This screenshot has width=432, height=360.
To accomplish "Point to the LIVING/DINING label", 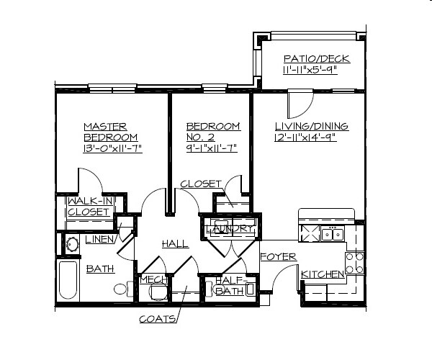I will coord(311,127).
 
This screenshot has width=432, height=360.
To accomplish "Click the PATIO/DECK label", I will coord(311,58).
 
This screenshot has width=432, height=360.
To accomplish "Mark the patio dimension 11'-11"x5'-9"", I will coord(311,71).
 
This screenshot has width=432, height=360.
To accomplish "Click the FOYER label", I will coord(274,256).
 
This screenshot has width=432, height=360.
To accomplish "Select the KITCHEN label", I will coord(322,274).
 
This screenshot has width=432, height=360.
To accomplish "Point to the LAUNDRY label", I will coord(229,229).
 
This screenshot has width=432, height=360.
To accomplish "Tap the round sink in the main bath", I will coord(71,244).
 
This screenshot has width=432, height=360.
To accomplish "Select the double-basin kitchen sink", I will coord(333,233).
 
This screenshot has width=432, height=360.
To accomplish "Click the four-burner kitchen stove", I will coord(356,261).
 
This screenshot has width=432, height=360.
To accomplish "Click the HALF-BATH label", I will coord(231,285).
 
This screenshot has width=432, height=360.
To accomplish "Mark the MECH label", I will coord(153,279).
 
